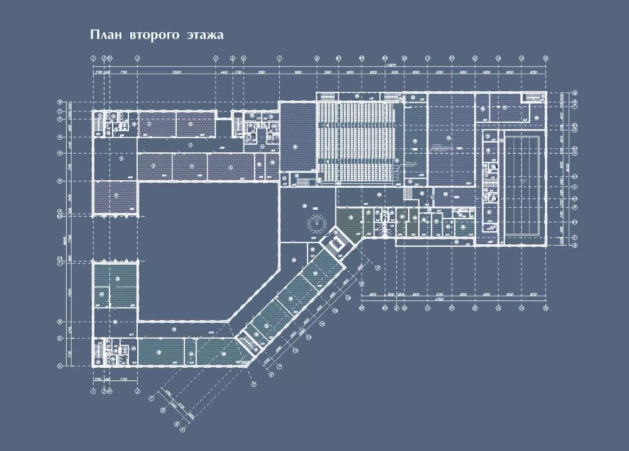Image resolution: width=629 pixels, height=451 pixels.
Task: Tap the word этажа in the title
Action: (x=204, y=35)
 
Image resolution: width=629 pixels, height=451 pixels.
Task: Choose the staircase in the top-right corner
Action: (x=532, y=97)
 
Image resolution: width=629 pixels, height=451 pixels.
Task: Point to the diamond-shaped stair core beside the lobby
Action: (x=337, y=243)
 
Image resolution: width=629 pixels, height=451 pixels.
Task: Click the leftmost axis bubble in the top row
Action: (x=93, y=58)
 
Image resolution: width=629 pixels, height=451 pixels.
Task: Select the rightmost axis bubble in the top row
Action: (x=545, y=58)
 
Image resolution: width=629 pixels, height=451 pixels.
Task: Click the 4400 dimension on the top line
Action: (x=224, y=73)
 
